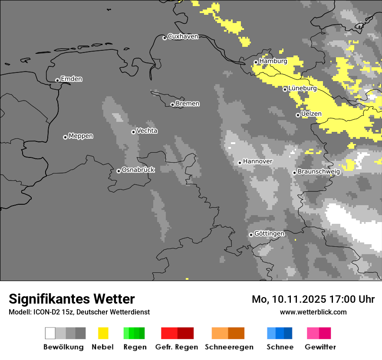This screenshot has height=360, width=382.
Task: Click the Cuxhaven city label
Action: [x=183, y=36]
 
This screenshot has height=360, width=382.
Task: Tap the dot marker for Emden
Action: [x=57, y=80]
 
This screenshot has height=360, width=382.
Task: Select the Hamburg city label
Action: [x=273, y=61]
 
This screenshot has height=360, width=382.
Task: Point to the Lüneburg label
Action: [x=302, y=88]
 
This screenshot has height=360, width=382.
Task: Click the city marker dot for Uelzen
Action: [x=298, y=115]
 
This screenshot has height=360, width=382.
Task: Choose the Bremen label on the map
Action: [x=188, y=104]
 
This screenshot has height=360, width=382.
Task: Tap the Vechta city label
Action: [x=147, y=131]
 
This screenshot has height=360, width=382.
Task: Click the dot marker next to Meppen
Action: [x=65, y=137]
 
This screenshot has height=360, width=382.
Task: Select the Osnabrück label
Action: [x=138, y=170]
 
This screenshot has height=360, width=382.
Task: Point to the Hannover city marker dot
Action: [x=240, y=163]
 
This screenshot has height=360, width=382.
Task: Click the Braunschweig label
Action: [x=319, y=172]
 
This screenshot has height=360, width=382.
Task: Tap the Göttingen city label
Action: [x=269, y=234]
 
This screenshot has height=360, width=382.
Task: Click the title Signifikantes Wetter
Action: [x=72, y=299]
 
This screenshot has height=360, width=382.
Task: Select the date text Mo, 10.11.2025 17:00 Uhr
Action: [x=313, y=299]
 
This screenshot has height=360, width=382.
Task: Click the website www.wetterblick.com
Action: [x=313, y=312]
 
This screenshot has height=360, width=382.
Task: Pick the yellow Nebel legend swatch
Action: [x=103, y=333]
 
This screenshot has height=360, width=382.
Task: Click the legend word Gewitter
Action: [x=320, y=347]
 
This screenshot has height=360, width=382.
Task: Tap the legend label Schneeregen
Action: [x=229, y=347]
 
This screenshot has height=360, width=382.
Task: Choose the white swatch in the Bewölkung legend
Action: [x=50, y=333]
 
